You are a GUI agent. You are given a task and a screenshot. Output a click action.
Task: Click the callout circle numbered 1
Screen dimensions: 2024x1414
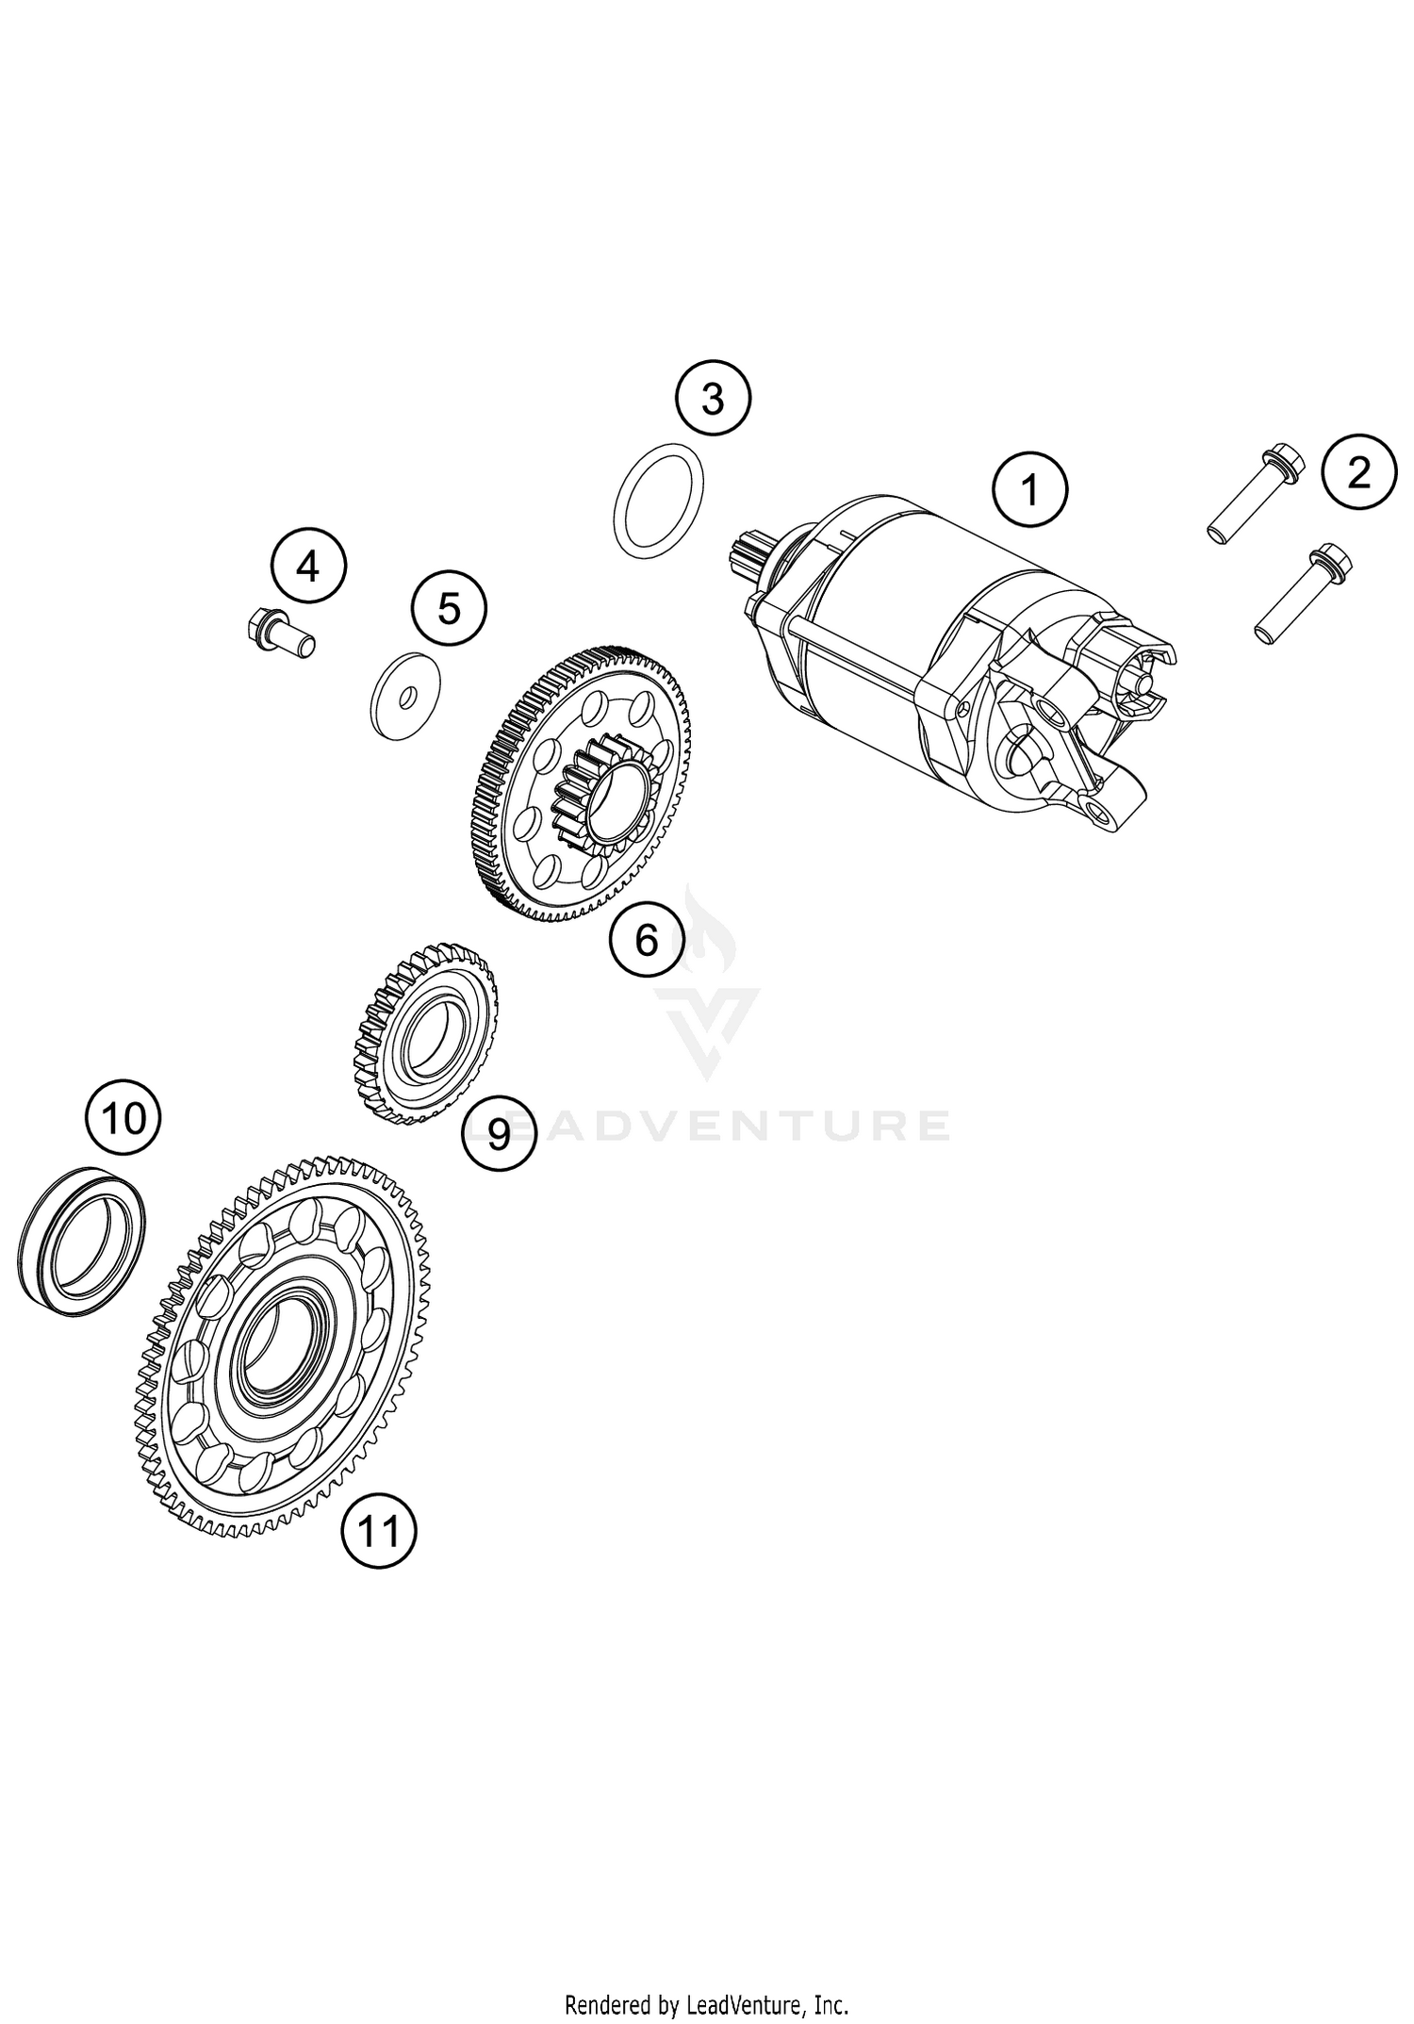tap(1029, 491)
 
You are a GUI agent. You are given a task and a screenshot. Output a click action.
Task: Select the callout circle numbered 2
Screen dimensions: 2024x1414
tap(1358, 472)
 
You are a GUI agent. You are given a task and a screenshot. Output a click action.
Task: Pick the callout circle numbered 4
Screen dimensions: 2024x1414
tap(308, 568)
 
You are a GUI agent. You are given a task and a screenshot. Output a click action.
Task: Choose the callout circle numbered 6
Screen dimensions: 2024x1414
tap(647, 939)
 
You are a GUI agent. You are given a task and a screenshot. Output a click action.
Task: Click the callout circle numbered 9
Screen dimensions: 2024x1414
tap(499, 1133)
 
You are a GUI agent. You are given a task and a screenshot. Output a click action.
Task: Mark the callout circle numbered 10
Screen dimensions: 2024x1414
tap(123, 1118)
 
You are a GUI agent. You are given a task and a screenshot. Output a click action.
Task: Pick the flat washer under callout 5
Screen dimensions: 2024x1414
tap(403, 696)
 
